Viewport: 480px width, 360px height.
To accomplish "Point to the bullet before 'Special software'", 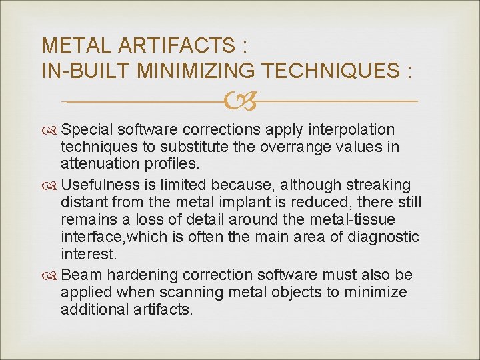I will click(x=49, y=129).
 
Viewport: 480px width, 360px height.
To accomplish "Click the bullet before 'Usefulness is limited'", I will click(x=49, y=185).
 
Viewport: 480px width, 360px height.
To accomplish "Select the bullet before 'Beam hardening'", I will click(x=49, y=275).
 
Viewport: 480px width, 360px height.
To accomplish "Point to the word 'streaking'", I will click(x=384, y=185).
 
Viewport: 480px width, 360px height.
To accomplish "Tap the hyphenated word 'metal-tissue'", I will click(x=340, y=219).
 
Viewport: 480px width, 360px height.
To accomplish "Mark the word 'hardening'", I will click(x=133, y=275).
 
